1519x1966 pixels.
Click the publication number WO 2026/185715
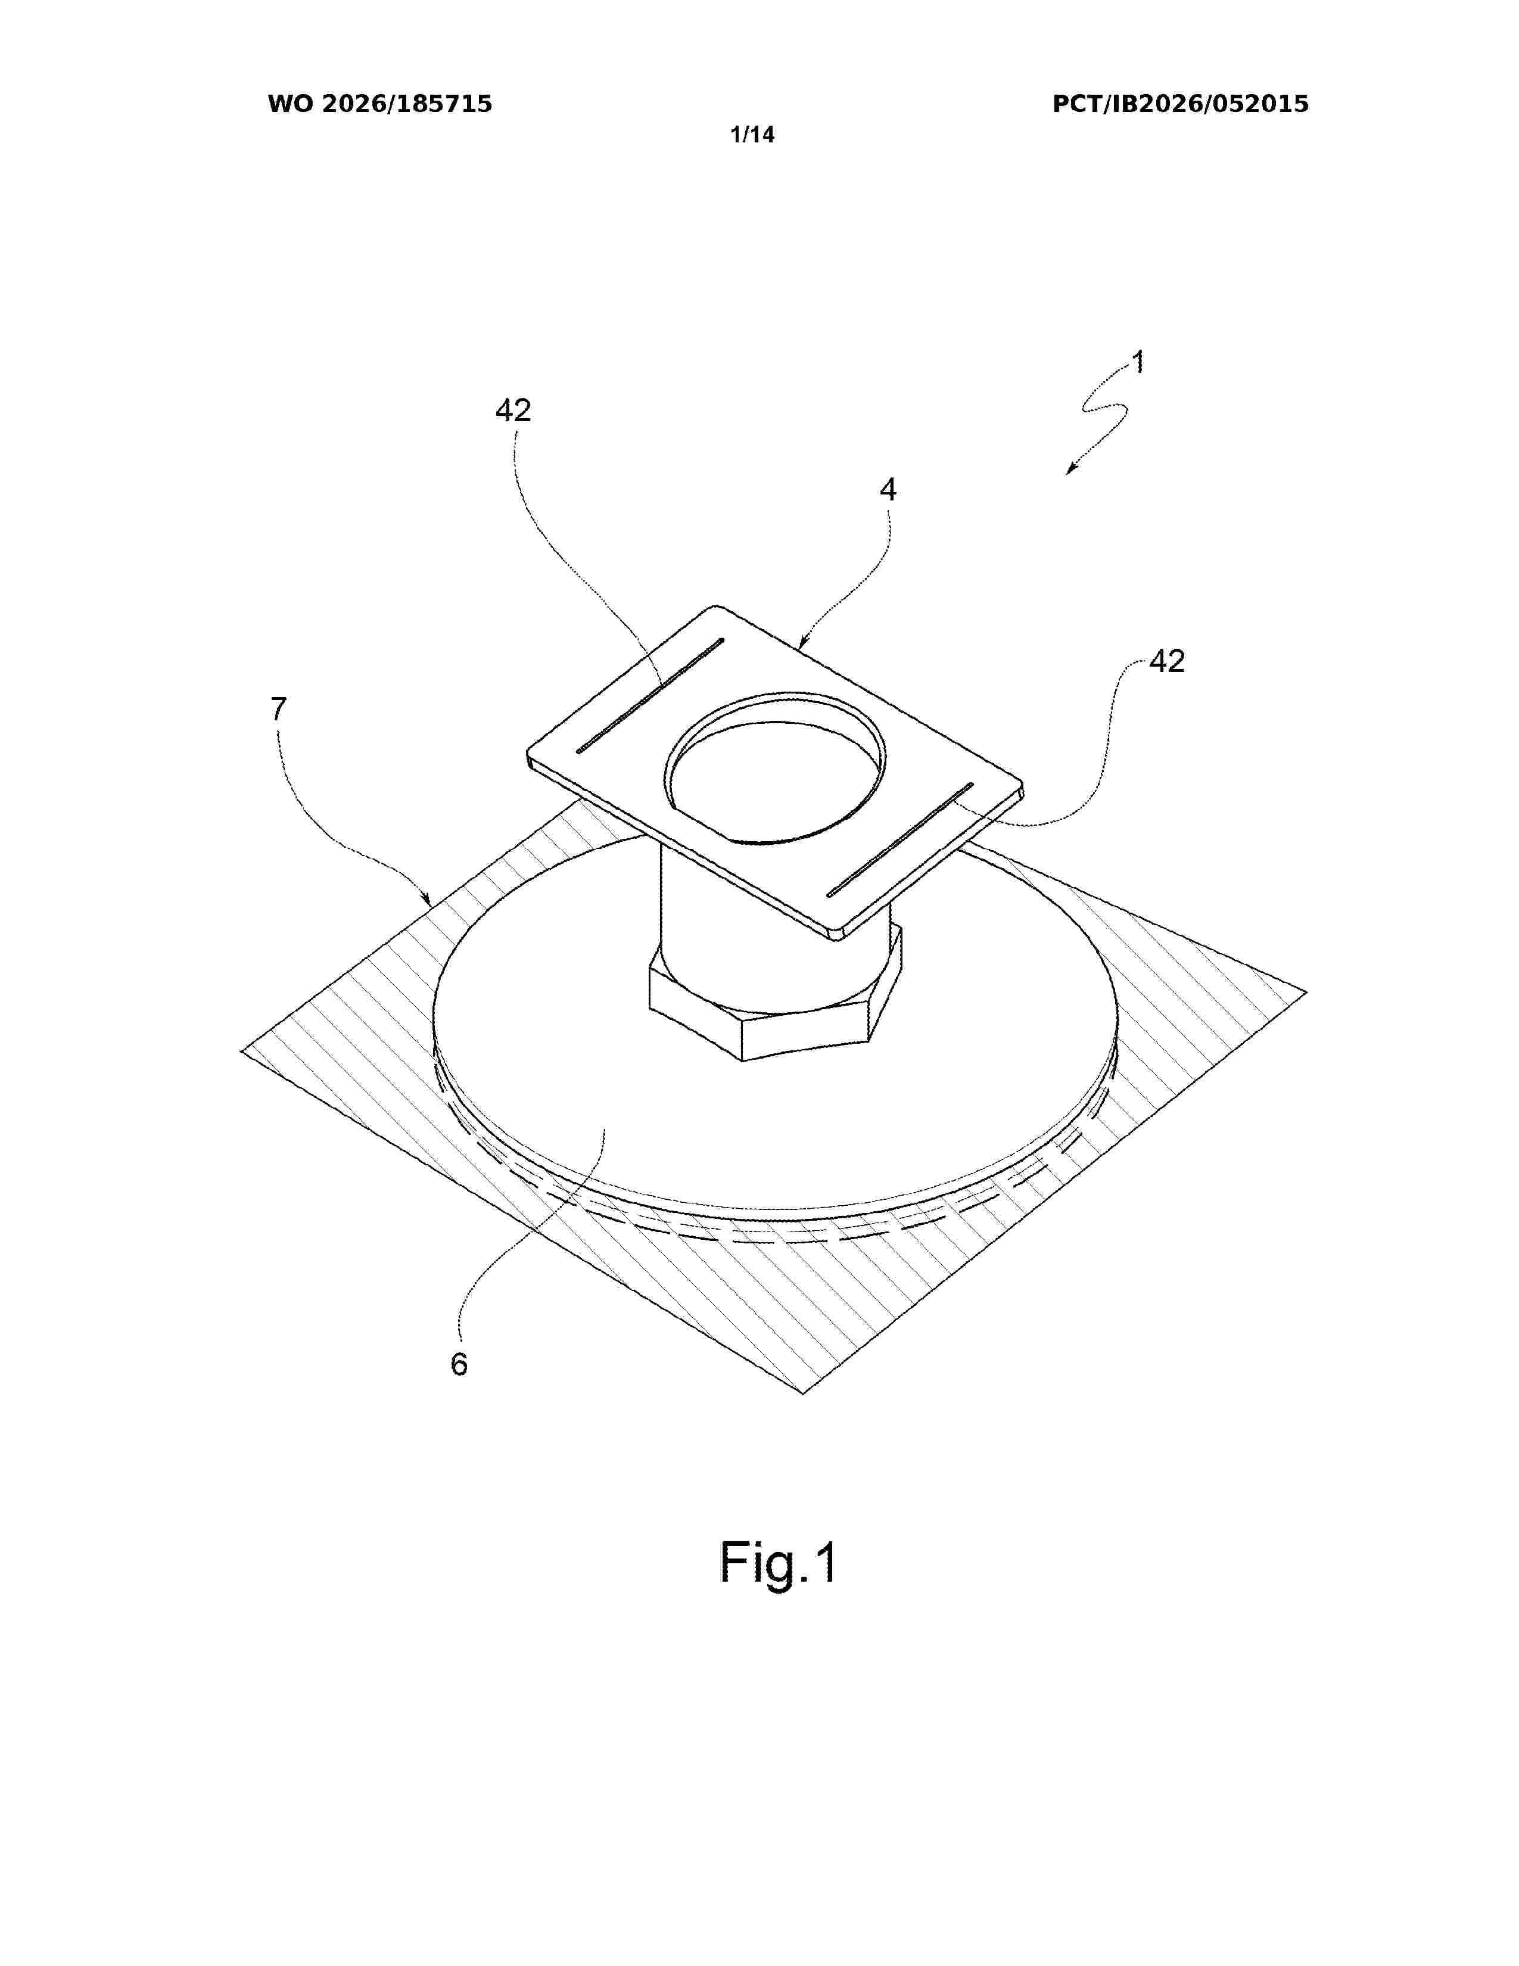point(380,104)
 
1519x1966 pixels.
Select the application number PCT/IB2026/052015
point(1181,104)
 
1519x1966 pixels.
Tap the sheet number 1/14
point(752,135)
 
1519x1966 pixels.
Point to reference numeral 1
point(1138,363)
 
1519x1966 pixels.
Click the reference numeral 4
point(888,490)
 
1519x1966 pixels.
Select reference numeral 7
point(278,710)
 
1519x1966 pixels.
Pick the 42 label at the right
point(1167,662)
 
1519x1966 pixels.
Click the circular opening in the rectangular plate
point(775,767)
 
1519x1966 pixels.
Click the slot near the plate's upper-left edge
point(650,696)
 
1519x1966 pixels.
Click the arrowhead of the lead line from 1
point(1071,468)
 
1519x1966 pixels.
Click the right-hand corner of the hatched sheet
point(1306,992)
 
